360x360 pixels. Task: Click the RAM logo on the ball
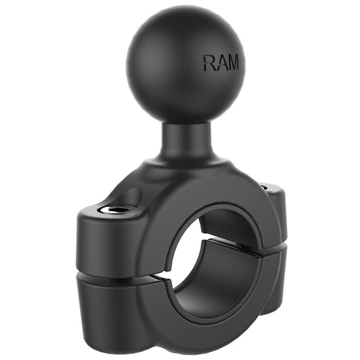pos(221,63)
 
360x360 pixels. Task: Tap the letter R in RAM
pos(209,63)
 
